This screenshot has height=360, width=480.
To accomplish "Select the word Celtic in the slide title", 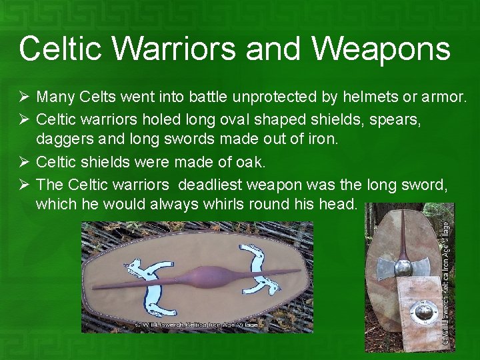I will [59, 49].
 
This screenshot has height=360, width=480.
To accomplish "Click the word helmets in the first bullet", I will [365, 97].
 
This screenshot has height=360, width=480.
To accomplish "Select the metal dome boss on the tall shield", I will [404, 268].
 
